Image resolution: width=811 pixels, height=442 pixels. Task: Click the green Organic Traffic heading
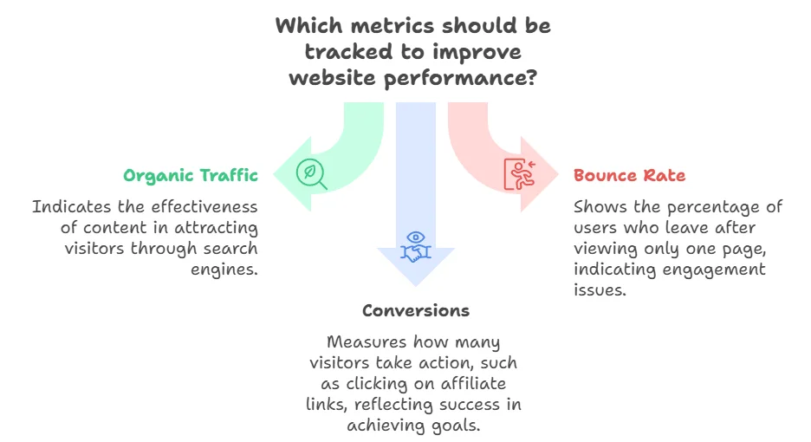coord(191,176)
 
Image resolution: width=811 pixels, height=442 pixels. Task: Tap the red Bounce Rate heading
coord(629,176)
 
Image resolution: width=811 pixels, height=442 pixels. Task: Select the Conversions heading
coord(416,310)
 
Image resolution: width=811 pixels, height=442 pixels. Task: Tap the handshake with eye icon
coord(415,245)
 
